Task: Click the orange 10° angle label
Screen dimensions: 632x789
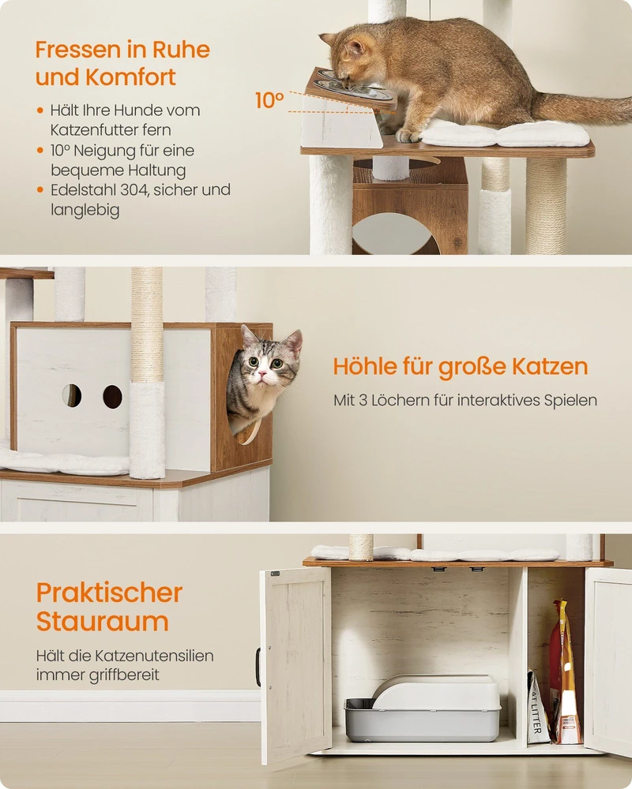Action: tap(269, 100)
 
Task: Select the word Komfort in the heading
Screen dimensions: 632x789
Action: tap(130, 77)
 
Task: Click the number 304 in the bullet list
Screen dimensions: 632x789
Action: tap(134, 189)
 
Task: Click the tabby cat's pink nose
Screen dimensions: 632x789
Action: tap(261, 374)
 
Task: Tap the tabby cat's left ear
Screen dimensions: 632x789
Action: tap(249, 335)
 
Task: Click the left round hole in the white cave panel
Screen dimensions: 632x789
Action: tap(72, 395)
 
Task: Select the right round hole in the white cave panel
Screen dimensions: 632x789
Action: tap(112, 397)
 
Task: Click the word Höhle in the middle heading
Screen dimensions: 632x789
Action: tap(365, 366)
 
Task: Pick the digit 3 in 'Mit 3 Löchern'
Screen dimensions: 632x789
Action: tap(363, 401)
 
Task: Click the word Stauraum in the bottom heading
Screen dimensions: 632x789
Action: tap(103, 621)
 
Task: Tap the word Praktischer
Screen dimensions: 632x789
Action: tap(109, 593)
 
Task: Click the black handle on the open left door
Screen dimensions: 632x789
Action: tap(258, 667)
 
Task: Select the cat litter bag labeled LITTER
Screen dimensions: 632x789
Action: tap(537, 706)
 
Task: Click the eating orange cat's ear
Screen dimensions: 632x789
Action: tap(355, 48)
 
